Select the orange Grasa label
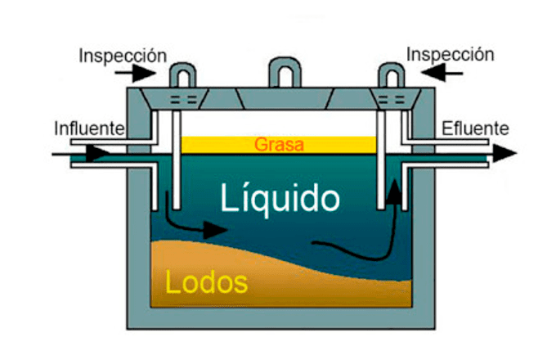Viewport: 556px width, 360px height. pyautogui.click(x=279, y=146)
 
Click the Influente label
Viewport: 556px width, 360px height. pyautogui.click(x=88, y=128)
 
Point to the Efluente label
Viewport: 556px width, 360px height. pyautogui.click(x=475, y=128)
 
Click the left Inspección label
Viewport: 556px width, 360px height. pyautogui.click(x=123, y=56)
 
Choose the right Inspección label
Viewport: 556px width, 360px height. pyautogui.click(x=450, y=55)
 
